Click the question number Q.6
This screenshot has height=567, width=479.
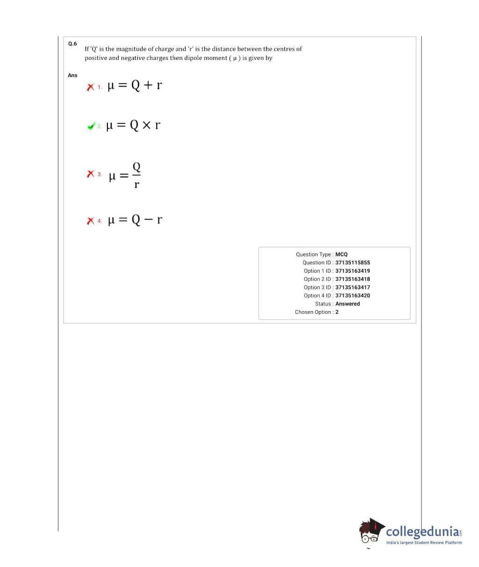72,44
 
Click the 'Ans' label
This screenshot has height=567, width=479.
72,75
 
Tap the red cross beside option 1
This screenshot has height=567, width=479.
91,87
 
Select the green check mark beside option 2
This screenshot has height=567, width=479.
91,126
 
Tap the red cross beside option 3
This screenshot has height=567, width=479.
91,174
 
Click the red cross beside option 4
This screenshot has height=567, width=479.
91,221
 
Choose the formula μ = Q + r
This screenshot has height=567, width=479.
135,86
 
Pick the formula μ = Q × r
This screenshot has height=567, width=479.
134,125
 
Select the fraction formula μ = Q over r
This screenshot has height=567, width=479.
125,174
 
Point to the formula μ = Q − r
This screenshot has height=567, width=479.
135,219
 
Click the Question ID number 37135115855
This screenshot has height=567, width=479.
352,262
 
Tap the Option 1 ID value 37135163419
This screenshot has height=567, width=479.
352,271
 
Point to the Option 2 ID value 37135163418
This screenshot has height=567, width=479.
352,279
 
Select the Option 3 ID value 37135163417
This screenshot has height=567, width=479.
352,287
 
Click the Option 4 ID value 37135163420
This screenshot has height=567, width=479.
352,296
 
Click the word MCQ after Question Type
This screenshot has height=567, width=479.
341,254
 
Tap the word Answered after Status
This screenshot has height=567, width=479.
348,304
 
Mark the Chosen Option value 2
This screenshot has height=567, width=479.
337,312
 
